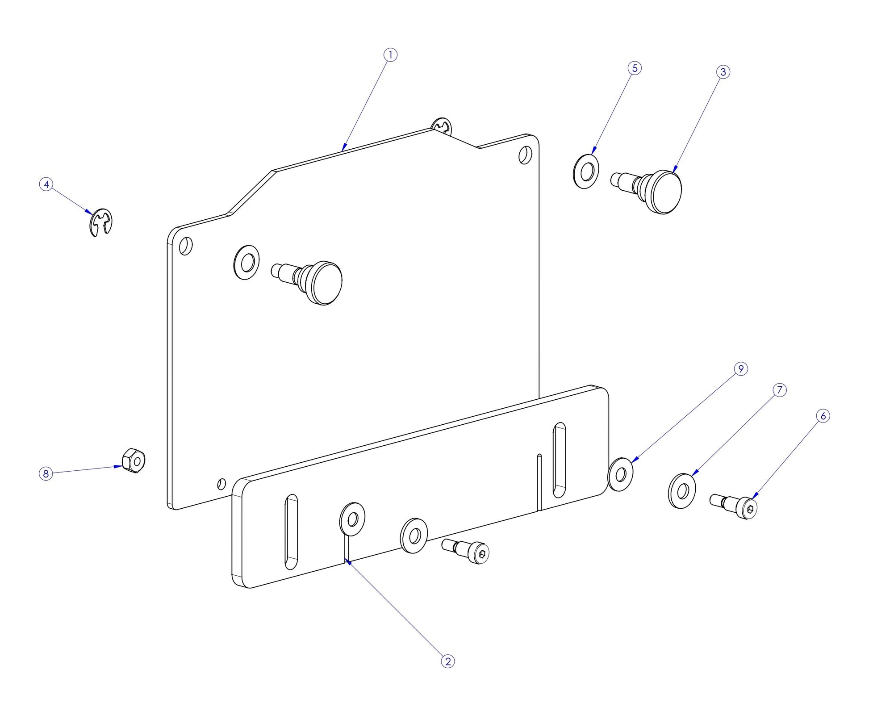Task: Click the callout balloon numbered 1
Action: [x=390, y=55]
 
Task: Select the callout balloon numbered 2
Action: [x=447, y=661]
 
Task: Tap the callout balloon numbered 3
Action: [x=723, y=72]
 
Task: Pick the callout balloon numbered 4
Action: [x=46, y=184]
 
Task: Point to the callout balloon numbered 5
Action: [x=635, y=68]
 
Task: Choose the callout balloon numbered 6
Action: [x=823, y=416]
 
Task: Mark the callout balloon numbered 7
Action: [x=779, y=390]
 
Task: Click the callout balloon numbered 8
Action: [x=46, y=473]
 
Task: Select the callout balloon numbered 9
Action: [x=741, y=369]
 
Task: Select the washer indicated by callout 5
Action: [x=585, y=171]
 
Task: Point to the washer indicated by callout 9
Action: [x=621, y=474]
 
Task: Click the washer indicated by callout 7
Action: [x=682, y=491]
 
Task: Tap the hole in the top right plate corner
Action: [x=525, y=155]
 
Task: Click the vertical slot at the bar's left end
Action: [x=291, y=531]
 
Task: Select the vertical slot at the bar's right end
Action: [x=559, y=460]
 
